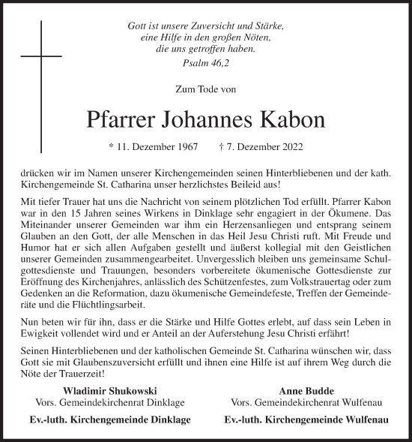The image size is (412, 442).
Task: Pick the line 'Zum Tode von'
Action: [x=205, y=89]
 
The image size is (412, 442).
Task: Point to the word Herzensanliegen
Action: [x=249, y=224]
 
